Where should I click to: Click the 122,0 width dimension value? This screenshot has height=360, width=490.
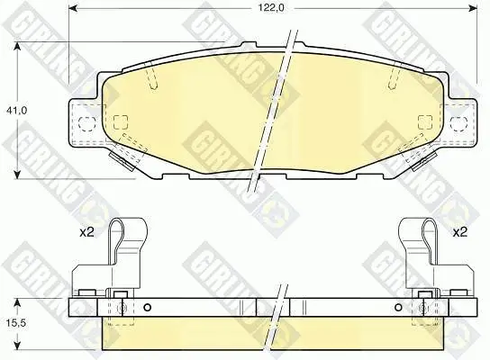tap(271, 8)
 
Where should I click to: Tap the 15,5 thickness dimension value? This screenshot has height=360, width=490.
tap(16, 323)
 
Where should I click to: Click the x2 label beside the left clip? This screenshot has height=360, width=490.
tap(86, 232)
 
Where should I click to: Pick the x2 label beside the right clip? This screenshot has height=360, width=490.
tap(459, 232)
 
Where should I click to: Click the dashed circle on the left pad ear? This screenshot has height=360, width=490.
tap(86, 123)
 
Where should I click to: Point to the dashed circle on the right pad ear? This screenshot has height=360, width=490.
tap(458, 123)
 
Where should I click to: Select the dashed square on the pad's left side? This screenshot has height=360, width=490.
tap(121, 122)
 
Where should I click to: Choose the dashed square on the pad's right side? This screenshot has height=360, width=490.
tap(425, 122)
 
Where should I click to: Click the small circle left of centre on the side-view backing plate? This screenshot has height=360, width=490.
tap(147, 308)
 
